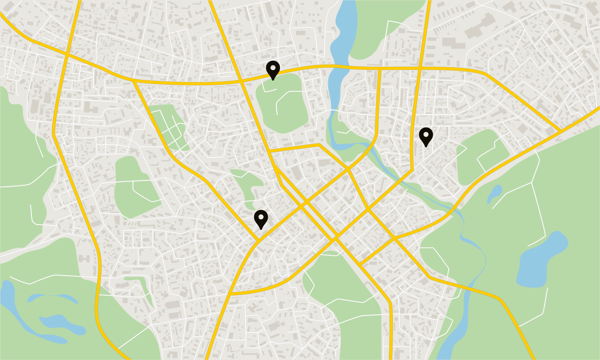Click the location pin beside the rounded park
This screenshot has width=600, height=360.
(x=273, y=70)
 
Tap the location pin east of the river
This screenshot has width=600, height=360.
(x=426, y=136)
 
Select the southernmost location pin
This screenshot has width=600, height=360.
(x=261, y=219)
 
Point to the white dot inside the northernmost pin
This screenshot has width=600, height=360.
(x=273, y=68)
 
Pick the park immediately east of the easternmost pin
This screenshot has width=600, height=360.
(x=482, y=156)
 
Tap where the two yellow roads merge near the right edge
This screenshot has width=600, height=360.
(x=561, y=131)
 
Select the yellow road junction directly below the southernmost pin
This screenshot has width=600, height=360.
(x=259, y=240)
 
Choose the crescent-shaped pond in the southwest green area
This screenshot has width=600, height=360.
(x=52, y=298)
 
